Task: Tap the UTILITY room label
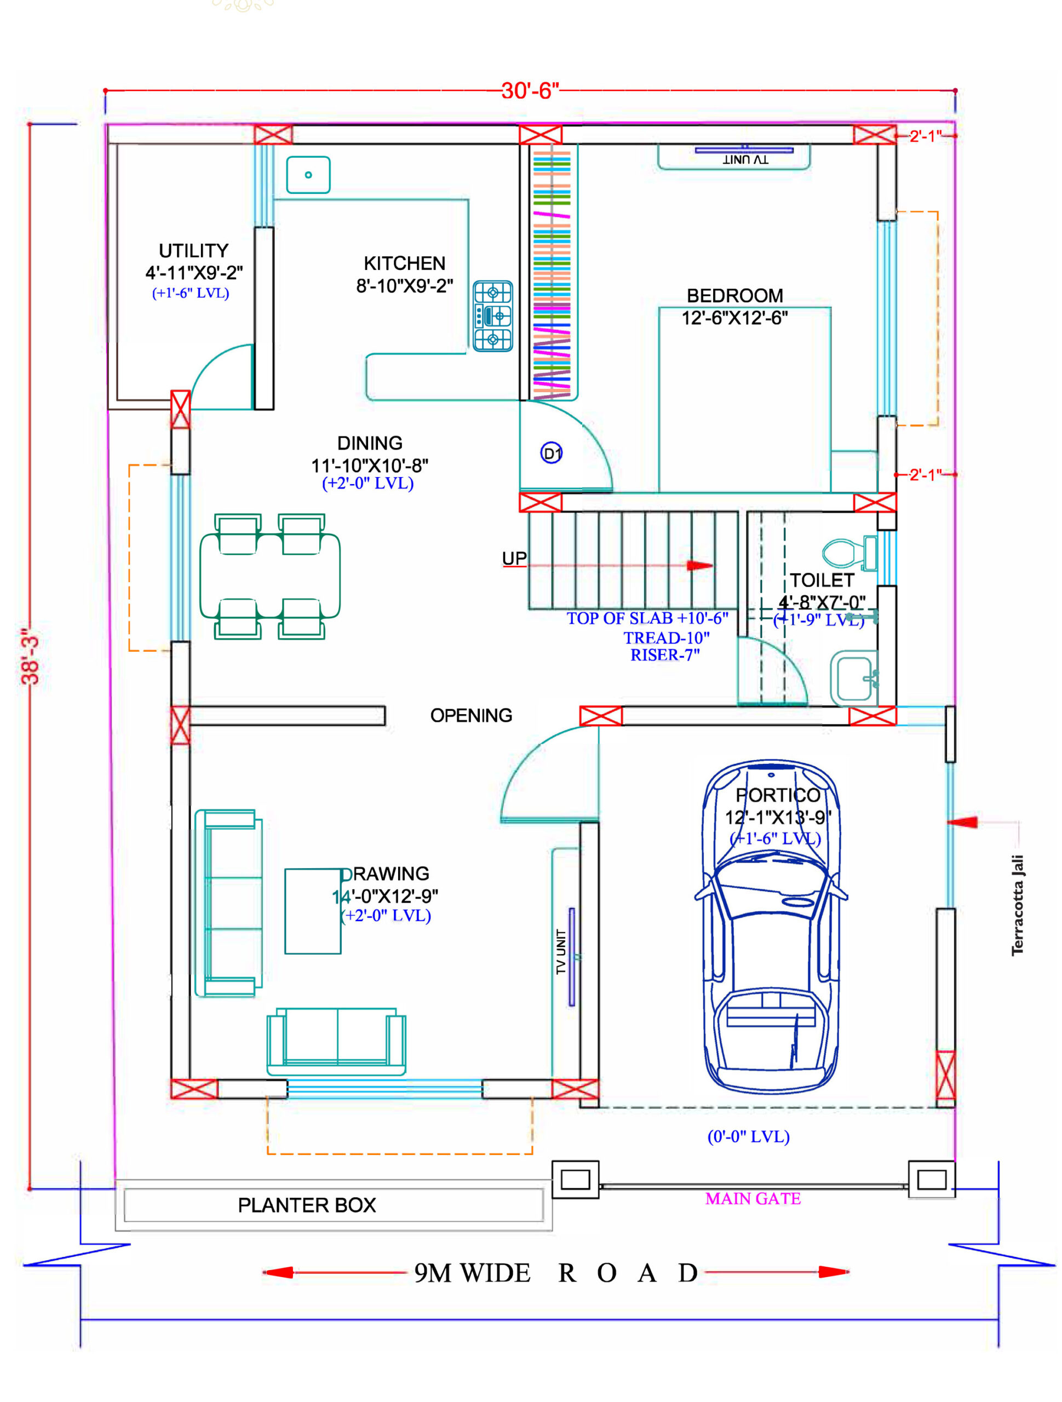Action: coord(193,250)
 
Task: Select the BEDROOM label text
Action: coord(734,295)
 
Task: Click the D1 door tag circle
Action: coord(551,453)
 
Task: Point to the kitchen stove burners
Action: coord(492,315)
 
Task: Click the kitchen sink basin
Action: coord(308,174)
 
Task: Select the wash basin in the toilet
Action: coord(854,677)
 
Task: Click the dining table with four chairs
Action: coord(269,576)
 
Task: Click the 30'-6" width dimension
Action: coord(530,90)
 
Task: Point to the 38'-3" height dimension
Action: coord(30,656)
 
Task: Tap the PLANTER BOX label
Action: coord(307,1204)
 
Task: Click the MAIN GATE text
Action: coord(753,1198)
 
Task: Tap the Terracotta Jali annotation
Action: coord(1017,905)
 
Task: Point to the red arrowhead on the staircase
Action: coord(701,565)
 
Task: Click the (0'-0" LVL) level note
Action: coord(748,1136)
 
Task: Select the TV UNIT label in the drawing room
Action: coord(560,951)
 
